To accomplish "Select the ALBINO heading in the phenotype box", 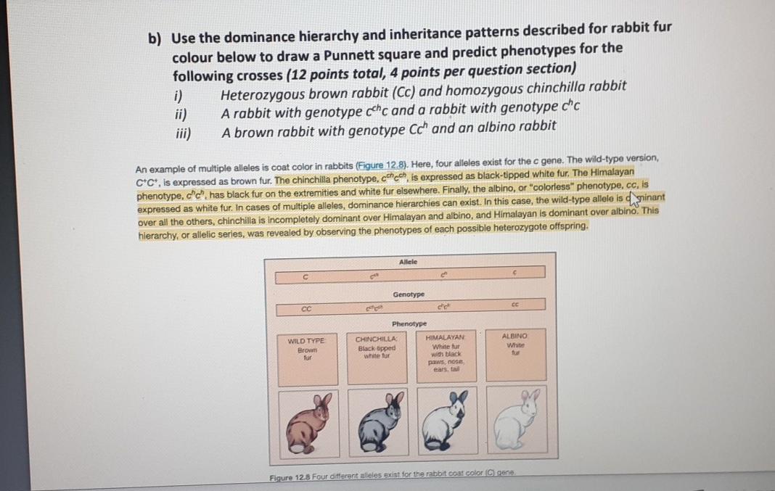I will click(515, 337).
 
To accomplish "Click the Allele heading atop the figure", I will click(408, 261).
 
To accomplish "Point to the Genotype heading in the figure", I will click(409, 294).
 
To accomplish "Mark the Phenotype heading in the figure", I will click(408, 323).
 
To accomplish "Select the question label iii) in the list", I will click(181, 132).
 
